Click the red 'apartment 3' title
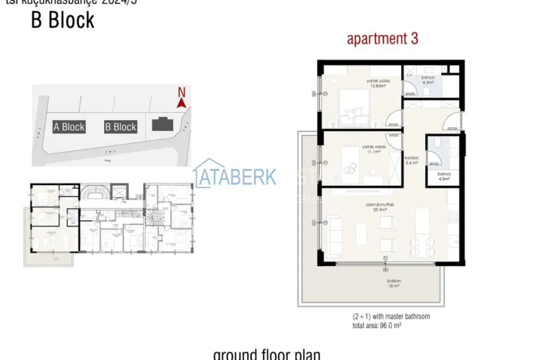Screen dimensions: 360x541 (x=382, y=39)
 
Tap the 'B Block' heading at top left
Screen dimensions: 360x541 (x=62, y=20)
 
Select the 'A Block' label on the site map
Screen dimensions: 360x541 (x=69, y=127)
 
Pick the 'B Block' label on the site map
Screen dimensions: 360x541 (x=120, y=127)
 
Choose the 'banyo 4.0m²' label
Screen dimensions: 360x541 (x=444, y=176)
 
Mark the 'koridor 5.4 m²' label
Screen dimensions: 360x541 (x=411, y=160)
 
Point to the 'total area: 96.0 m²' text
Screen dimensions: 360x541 (x=377, y=325)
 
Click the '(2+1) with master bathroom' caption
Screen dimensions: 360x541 (x=391, y=316)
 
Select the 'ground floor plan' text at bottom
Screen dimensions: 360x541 (x=267, y=354)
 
